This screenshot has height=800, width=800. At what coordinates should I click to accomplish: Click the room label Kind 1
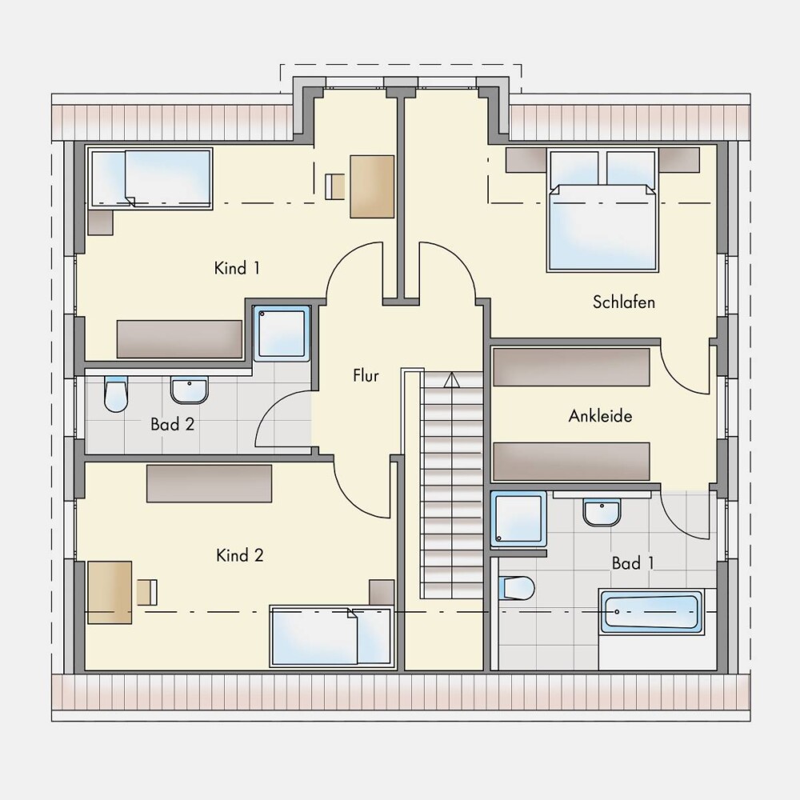click(x=237, y=268)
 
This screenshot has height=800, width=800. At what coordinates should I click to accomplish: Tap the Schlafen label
click(x=623, y=302)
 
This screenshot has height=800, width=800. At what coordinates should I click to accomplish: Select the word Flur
click(x=366, y=375)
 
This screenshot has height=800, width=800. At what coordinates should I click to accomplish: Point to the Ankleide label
click(x=600, y=416)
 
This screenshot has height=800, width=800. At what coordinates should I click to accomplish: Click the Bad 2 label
click(x=173, y=424)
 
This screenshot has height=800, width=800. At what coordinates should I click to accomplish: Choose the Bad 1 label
click(x=633, y=563)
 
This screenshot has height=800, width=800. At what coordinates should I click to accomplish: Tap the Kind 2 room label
click(x=240, y=555)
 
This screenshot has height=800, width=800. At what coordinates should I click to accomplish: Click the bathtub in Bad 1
click(x=650, y=612)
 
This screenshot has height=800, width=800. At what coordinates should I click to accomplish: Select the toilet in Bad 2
click(x=115, y=394)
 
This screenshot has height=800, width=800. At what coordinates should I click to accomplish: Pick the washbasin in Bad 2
click(x=190, y=390)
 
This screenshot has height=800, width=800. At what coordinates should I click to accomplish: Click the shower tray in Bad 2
click(x=282, y=334)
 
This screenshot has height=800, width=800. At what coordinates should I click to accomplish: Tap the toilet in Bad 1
click(x=516, y=588)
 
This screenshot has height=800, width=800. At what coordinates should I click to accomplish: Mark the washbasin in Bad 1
click(x=602, y=512)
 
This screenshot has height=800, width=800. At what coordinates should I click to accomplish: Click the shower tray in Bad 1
click(x=518, y=519)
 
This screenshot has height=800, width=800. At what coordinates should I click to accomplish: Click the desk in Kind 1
click(x=372, y=186)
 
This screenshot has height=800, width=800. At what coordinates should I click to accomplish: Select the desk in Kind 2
click(x=110, y=592)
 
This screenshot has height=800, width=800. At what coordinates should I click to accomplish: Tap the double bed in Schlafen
click(x=602, y=210)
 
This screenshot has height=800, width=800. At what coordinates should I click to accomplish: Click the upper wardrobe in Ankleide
click(x=571, y=367)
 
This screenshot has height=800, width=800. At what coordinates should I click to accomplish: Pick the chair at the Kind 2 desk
click(x=147, y=592)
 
